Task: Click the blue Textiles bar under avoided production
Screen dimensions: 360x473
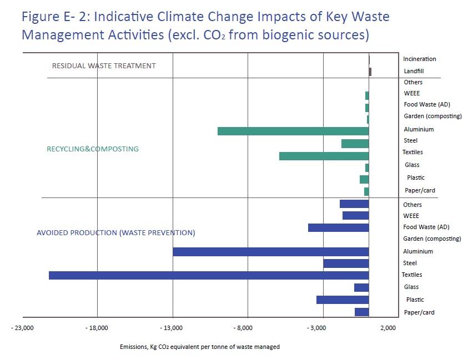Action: click(209, 275)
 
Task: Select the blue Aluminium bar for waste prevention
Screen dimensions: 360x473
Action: click(270, 252)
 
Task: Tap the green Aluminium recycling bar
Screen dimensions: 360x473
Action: click(293, 131)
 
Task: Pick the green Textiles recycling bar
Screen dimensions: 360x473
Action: click(324, 156)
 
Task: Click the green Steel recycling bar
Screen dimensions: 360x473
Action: click(355, 144)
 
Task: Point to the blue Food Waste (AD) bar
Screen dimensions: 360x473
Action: click(338, 227)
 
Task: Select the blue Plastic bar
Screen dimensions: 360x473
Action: click(343, 300)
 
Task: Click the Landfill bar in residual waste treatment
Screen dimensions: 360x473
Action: click(370, 72)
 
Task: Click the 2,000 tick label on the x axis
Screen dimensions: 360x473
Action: click(388, 328)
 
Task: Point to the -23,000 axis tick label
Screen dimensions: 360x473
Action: click(22, 328)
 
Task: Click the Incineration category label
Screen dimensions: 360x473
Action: click(419, 59)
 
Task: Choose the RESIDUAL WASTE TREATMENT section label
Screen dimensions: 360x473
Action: click(104, 65)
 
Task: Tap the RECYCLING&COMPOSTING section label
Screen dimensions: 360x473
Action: click(93, 149)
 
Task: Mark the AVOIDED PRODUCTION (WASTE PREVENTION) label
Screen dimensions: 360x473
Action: click(115, 233)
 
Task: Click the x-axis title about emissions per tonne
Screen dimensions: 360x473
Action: click(199, 347)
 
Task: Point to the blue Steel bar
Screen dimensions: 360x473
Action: click(346, 263)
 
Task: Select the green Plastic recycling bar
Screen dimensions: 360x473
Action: click(364, 179)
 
